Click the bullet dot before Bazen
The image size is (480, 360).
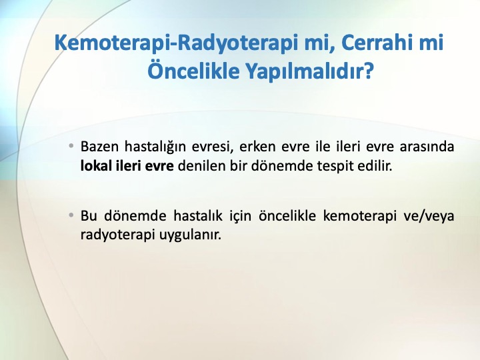tap(71, 146)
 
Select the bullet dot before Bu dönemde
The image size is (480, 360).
tap(71, 215)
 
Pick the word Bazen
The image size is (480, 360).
tap(99, 147)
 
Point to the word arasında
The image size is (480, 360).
tap(427, 147)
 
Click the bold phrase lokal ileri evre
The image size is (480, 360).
tap(127, 166)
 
